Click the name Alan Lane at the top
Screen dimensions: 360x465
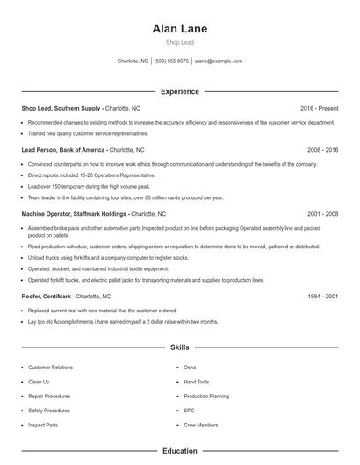tap(179, 28)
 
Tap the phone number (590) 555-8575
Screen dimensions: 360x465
tap(171, 61)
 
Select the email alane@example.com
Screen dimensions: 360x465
tap(219, 61)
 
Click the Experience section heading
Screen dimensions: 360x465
tap(180, 91)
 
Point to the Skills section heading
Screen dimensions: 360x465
tap(179, 347)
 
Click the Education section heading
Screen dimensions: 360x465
tap(179, 451)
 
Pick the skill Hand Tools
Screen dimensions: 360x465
tap(197, 382)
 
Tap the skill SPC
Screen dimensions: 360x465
tap(190, 410)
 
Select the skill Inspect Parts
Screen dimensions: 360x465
tap(44, 425)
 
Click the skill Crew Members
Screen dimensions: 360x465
tap(200, 425)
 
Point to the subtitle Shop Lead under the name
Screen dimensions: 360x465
tap(179, 42)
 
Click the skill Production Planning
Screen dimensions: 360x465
tap(205, 396)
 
